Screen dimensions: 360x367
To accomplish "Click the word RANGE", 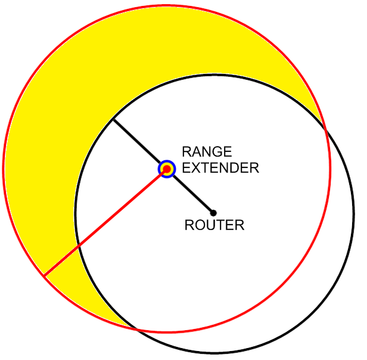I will (x=207, y=152).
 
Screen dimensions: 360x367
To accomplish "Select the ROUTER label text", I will (x=214, y=225).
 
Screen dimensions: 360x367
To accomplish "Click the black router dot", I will (x=213, y=213).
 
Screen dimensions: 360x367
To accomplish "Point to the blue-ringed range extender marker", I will (x=167, y=169).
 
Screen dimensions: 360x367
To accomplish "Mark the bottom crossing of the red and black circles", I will (x=136, y=329).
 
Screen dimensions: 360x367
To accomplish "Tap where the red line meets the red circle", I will (x=43, y=275).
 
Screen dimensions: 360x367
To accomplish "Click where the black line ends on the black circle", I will (x=113, y=120).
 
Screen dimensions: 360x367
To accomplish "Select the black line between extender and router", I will (x=191, y=191).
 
